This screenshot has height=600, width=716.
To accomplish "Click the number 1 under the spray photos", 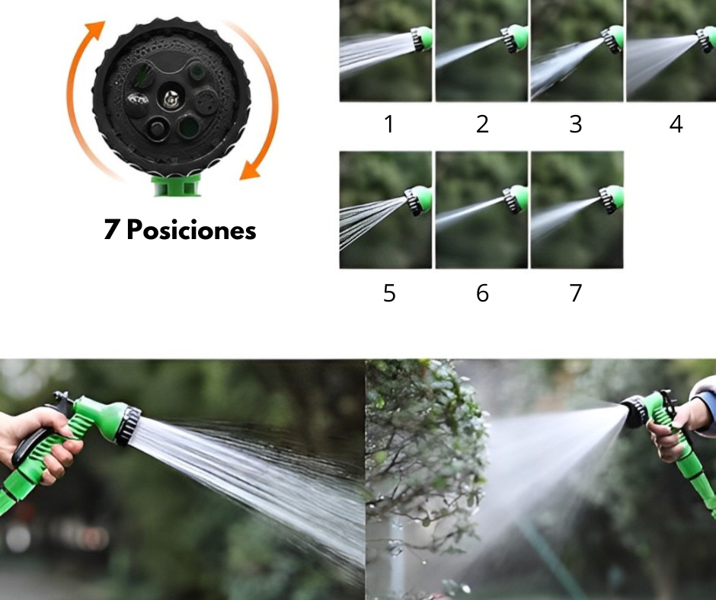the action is coord(389,124).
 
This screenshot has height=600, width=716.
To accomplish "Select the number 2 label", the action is coord(482,124).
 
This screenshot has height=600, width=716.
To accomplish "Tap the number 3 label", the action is coord(575,124).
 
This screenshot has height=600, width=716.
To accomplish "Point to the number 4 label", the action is coord(676,124).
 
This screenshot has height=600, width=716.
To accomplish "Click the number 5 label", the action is coord(389,293).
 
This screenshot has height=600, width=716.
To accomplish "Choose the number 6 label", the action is coord(482,293).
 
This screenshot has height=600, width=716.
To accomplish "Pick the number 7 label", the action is coord(576,293).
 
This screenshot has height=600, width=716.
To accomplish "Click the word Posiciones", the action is coord(191,230).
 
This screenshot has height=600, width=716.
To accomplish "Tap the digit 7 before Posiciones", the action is coord(111,230).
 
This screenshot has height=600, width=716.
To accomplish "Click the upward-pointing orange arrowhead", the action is coord(96,30).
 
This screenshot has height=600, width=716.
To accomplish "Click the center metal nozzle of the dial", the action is coord(171,98).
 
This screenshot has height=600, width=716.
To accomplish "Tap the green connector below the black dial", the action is coord(176,185).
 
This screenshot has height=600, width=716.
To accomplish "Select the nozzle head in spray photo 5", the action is coord(418,200).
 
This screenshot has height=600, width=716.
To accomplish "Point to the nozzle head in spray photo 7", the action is coord(612,199).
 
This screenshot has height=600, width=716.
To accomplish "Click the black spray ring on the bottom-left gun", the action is coord(127,425).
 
